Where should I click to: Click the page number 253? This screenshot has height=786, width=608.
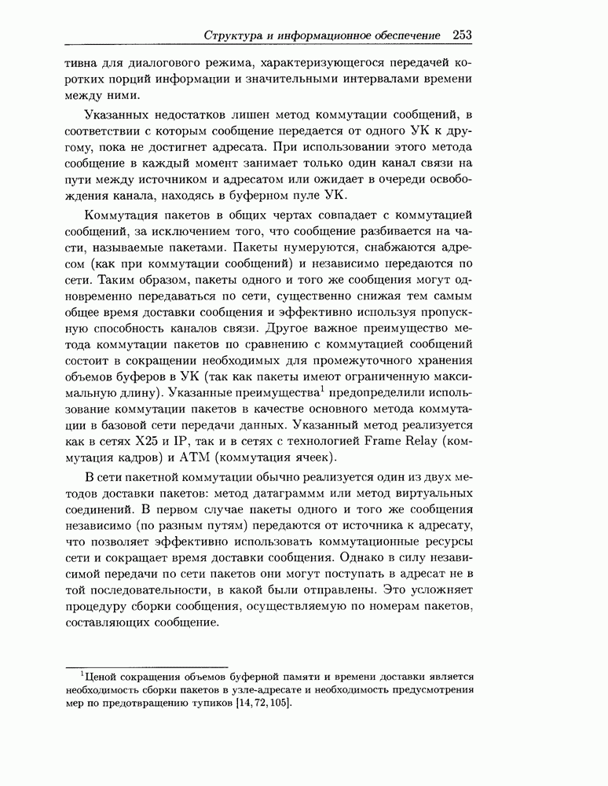pyautogui.click(x=461, y=35)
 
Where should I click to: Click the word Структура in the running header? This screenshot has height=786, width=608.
pyautogui.click(x=232, y=35)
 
